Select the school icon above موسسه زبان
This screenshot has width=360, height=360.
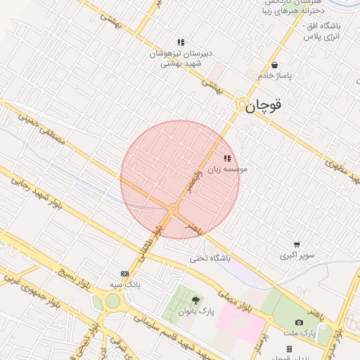point(227,159)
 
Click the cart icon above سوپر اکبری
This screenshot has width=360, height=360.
point(297,245)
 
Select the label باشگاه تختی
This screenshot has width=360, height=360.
point(209,258)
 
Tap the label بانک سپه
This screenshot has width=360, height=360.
point(125,284)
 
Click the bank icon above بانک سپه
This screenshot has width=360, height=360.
point(125,274)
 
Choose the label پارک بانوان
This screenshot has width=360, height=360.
point(195,311)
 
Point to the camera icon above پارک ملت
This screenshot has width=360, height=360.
point(300,323)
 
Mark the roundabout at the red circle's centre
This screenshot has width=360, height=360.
point(173,208)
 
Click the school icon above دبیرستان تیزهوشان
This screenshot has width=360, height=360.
point(181,42)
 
